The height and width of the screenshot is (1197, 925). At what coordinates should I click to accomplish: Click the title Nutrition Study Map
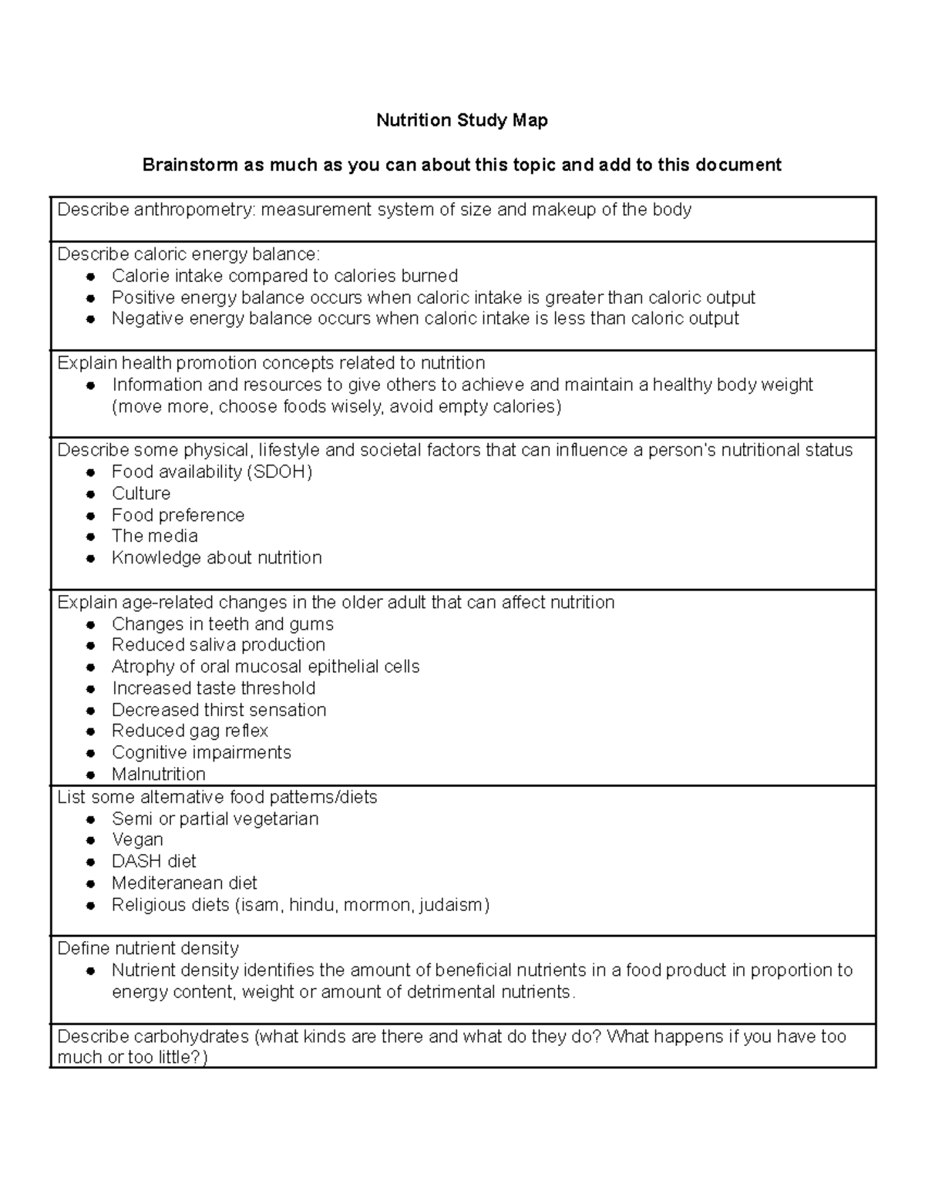tap(462, 120)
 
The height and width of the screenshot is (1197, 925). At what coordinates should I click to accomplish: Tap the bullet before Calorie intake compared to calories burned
tap(91, 277)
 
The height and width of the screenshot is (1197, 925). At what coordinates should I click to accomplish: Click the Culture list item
tap(141, 493)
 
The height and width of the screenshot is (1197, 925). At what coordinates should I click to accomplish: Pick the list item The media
tap(154, 536)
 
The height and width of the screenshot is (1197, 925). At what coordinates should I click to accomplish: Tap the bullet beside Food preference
tap(91, 516)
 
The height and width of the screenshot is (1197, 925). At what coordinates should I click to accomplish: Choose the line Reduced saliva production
tap(218, 644)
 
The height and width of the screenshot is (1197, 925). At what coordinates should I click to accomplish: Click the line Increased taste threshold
tap(214, 688)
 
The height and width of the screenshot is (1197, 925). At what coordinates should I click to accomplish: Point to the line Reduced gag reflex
tap(190, 731)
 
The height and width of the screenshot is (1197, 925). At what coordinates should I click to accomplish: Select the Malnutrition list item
tap(158, 774)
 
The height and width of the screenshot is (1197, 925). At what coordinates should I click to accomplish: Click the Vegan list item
tap(137, 839)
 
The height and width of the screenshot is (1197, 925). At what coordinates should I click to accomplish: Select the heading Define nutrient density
tap(148, 948)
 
